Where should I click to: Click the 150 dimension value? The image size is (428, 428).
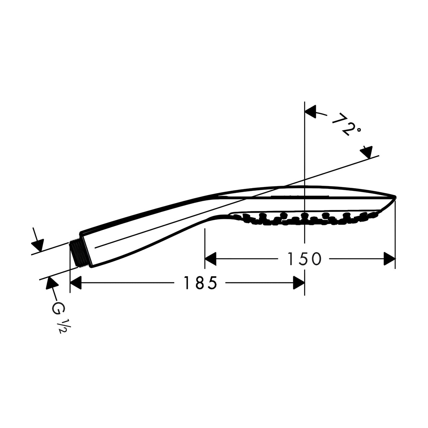point(304,259)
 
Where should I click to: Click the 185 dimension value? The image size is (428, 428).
point(200,283)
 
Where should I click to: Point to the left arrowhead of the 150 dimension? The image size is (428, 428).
point(211,259)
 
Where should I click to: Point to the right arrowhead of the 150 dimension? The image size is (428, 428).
point(390,259)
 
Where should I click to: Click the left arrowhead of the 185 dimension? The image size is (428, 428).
point(76,283)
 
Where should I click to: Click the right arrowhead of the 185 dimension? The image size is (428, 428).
point(299,283)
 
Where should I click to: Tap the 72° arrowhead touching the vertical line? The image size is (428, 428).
point(311,112)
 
